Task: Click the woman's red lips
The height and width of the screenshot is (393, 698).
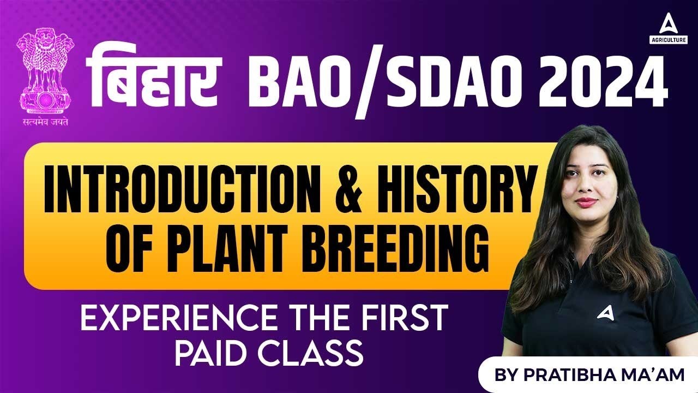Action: (x=587, y=202)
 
